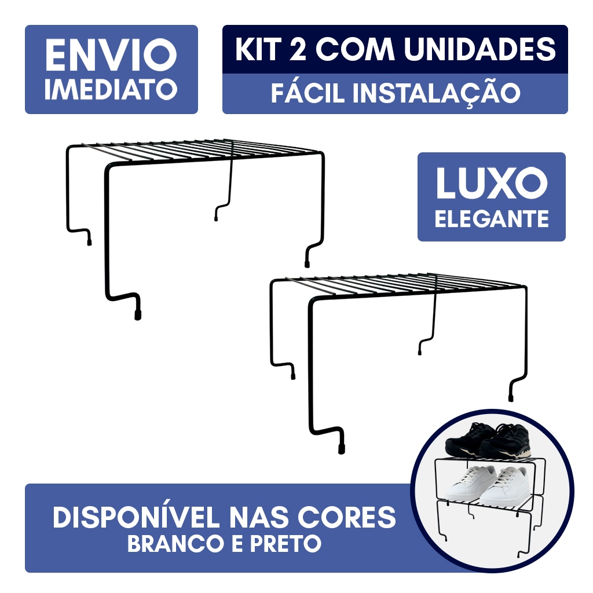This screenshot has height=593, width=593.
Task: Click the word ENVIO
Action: click(111, 55)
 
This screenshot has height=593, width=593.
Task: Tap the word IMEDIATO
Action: click(111, 90)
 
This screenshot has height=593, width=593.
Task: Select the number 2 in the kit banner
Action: click(298, 49)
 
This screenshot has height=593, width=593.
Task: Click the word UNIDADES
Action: click(480, 49)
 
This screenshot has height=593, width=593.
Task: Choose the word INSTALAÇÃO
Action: click(437, 93)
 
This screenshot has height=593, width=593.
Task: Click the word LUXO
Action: click(492, 183)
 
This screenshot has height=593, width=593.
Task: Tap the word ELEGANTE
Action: click(492, 218)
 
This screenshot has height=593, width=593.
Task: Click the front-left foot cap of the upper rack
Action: click(138, 314)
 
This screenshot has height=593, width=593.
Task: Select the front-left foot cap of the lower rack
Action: click(341, 449)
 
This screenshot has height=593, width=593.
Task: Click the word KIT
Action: click(259, 49)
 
